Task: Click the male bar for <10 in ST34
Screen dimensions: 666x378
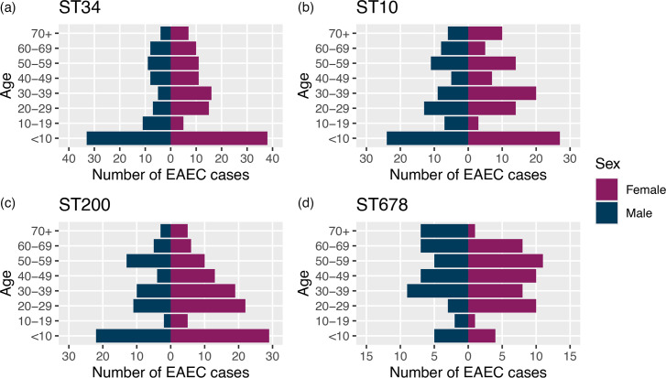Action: [128, 139]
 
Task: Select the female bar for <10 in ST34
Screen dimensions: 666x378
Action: [219, 139]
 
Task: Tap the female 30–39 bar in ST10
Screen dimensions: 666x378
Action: [502, 93]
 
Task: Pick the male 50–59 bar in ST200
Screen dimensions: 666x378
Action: [148, 262]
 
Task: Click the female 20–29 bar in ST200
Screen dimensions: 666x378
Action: [208, 307]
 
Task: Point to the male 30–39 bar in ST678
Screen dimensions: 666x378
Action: [438, 291]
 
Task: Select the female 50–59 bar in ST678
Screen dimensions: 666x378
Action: [506, 262]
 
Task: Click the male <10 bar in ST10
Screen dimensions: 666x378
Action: [427, 139]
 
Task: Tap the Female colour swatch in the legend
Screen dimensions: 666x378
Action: [606, 189]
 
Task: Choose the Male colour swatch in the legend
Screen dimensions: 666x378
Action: [606, 212]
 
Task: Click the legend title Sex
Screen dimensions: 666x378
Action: [607, 164]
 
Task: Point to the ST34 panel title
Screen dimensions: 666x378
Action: [80, 7]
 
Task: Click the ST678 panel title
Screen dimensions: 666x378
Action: [382, 205]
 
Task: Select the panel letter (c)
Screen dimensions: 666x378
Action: [7, 203]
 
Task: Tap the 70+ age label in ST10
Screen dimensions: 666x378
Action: [339, 33]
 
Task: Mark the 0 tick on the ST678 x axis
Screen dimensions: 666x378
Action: [468, 355]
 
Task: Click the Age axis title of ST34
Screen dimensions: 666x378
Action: [7, 86]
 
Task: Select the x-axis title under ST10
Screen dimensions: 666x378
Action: [468, 174]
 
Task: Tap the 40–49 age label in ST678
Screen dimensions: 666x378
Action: [333, 276]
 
